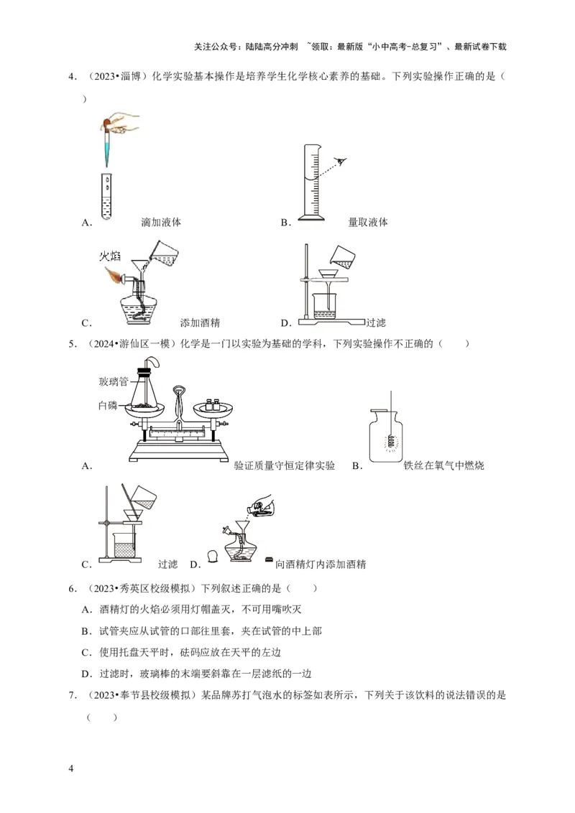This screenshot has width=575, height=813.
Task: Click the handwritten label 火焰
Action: [111, 256]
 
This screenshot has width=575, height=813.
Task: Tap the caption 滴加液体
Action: [161, 223]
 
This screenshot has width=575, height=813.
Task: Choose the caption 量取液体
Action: [368, 223]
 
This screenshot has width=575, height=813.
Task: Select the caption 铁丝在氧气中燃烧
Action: [443, 466]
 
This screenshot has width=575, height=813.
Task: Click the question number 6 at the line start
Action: [72, 589]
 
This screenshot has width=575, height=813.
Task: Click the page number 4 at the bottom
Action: [70, 769]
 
